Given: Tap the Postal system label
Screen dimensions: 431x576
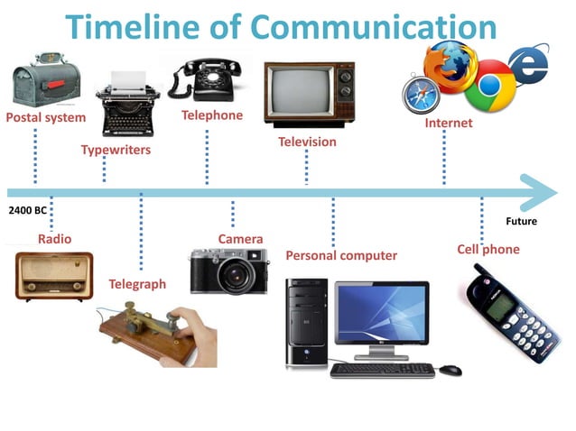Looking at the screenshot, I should pyautogui.click(x=46, y=117).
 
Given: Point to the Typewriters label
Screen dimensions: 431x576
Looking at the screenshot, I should pyautogui.click(x=116, y=150).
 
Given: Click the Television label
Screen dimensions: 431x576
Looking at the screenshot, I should pyautogui.click(x=307, y=142).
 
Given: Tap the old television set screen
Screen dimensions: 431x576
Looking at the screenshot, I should pyautogui.click(x=301, y=96).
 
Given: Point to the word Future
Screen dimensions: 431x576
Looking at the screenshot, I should pyautogui.click(x=521, y=221).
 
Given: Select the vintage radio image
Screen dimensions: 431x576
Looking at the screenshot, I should pyautogui.click(x=54, y=275).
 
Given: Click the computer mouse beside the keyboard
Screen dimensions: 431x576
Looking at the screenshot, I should pyautogui.click(x=450, y=370).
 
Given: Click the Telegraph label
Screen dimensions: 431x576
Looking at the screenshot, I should pyautogui.click(x=137, y=284).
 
